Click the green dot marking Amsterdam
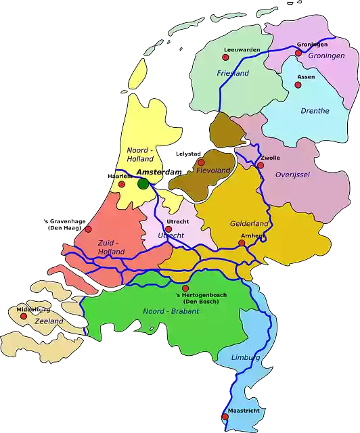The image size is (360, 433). (143, 183)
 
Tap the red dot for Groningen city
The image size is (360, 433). (298, 53)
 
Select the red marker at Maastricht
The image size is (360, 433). (225, 417)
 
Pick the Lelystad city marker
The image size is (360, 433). (201, 162)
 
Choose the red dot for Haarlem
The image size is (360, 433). (122, 183)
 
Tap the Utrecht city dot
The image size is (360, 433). (168, 229)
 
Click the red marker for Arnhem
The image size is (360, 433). (242, 243)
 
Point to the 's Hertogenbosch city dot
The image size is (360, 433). (185, 288)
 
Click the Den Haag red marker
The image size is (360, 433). (88, 229)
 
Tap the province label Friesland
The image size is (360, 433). (233, 73)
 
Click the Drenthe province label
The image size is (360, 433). (315, 110)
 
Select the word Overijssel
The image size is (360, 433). (292, 175)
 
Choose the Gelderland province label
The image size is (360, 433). (250, 224)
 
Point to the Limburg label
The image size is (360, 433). (246, 357)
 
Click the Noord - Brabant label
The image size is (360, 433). (171, 311)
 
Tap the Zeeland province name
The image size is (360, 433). (49, 321)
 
